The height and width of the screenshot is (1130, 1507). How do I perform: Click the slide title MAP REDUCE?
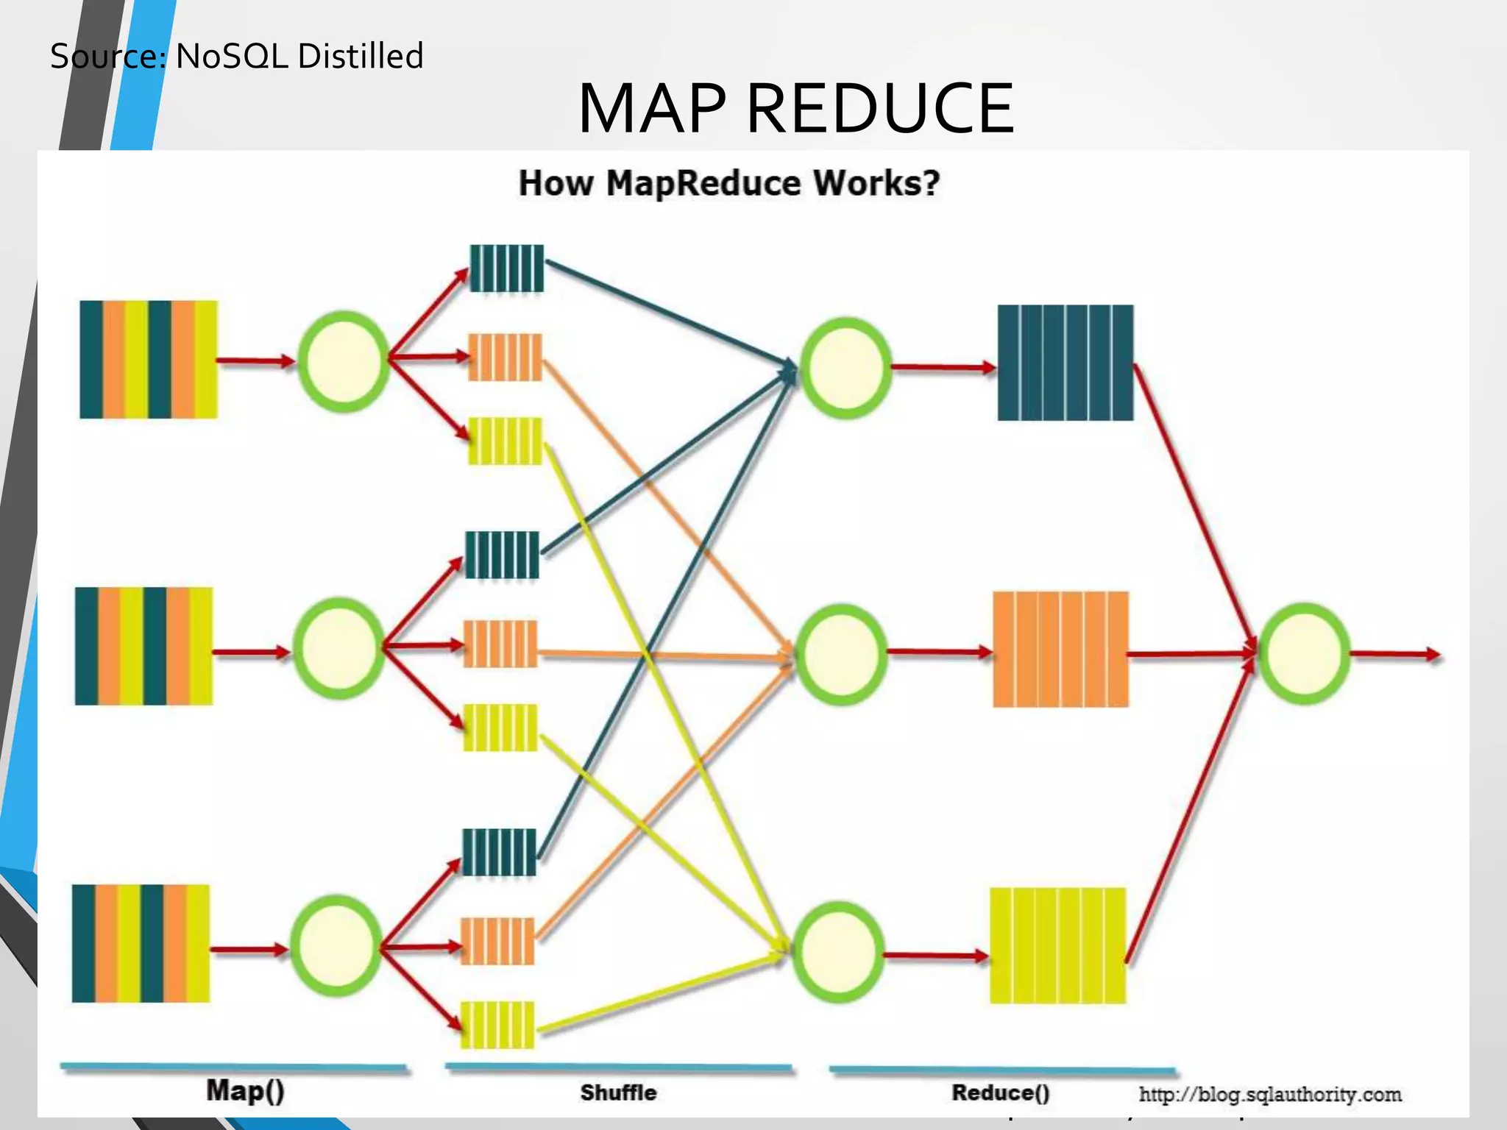click(x=796, y=109)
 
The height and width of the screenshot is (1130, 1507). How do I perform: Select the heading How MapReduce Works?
click(x=728, y=183)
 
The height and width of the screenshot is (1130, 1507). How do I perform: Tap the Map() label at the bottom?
click(x=245, y=1090)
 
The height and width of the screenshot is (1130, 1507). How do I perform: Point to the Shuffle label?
click(x=618, y=1092)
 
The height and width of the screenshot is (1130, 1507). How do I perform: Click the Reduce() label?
click(x=1001, y=1092)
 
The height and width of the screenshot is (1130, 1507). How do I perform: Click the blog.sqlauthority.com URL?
click(x=1270, y=1095)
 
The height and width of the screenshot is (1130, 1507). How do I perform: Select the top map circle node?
click(x=343, y=361)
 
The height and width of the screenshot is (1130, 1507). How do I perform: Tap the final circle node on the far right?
click(x=1304, y=653)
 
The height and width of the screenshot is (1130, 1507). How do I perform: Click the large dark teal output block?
click(x=1065, y=363)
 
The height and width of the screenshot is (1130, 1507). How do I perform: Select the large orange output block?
click(x=1060, y=649)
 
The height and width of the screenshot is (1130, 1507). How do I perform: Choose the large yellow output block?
click(x=1057, y=945)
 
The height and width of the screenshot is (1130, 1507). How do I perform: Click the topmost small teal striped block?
click(x=506, y=269)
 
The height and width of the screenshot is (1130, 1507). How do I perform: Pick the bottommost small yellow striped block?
click(x=497, y=1024)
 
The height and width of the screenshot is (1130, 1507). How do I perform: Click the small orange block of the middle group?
click(x=500, y=644)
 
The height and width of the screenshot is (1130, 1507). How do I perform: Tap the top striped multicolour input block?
click(x=149, y=360)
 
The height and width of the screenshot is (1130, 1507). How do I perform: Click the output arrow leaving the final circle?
click(x=1395, y=654)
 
